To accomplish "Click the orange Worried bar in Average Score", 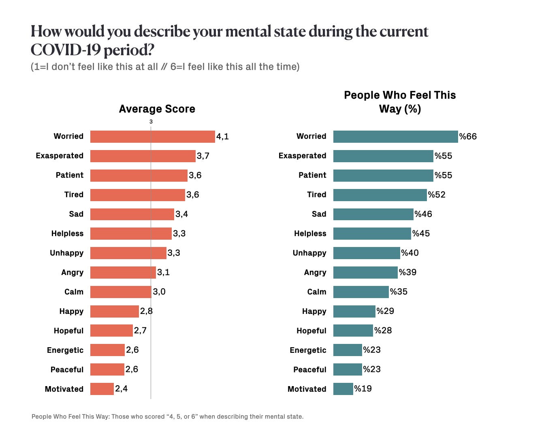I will (x=152, y=137).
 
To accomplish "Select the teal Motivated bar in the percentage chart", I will (x=343, y=389).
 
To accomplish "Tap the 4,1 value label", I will (x=222, y=137).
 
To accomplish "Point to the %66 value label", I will (x=468, y=137).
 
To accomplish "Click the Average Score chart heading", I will (x=157, y=109).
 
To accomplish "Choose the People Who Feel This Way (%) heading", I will (x=400, y=102).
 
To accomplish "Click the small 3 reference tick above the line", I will (x=151, y=122).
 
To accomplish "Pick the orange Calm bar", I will (x=121, y=292).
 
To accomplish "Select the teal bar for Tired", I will (x=380, y=195).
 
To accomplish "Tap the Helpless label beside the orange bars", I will (x=67, y=234).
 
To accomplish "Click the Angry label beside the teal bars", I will (x=315, y=273).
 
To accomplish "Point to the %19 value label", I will (x=363, y=389).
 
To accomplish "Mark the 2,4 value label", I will (x=121, y=389).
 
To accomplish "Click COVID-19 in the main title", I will (x=65, y=50).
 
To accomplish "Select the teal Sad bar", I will (x=373, y=214).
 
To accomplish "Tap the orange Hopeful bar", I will (x=111, y=331).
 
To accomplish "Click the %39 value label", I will (x=407, y=273).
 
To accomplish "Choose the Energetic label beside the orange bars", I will (x=65, y=350).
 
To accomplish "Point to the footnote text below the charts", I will (x=167, y=417).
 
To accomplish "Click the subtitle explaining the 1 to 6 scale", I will (x=165, y=67).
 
